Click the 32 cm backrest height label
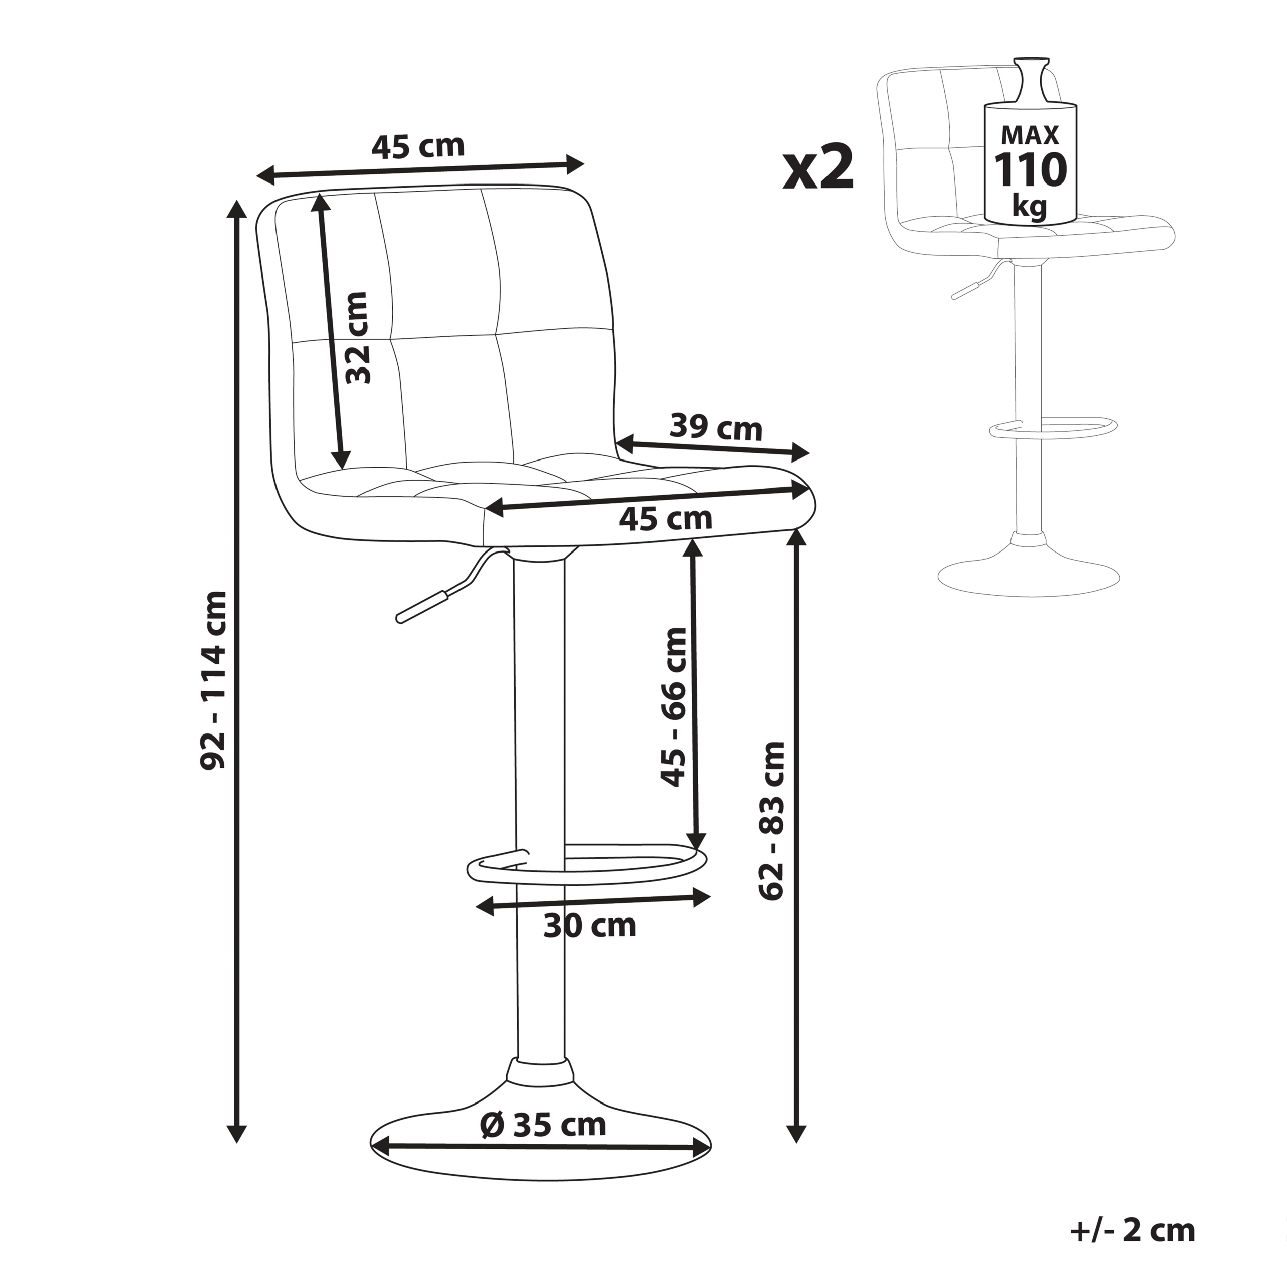tap(358, 338)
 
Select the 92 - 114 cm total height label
tap(215, 680)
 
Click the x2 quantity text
tap(817, 168)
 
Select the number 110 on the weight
tap(1030, 170)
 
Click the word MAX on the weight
tap(1030, 135)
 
